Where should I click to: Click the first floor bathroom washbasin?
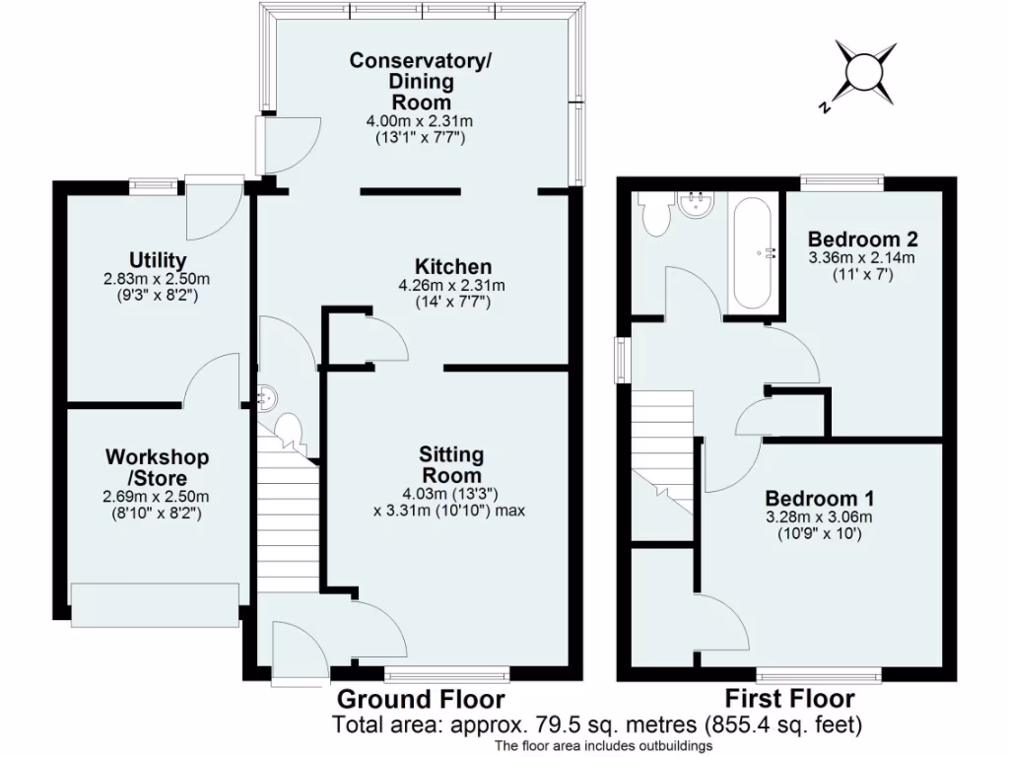(x=700, y=204)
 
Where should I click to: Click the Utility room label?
(x=158, y=260)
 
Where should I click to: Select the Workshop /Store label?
(x=158, y=467)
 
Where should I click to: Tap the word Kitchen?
(x=452, y=266)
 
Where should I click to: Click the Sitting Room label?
(x=451, y=464)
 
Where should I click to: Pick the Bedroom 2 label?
(x=863, y=240)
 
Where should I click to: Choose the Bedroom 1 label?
(x=820, y=498)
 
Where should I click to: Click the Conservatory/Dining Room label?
(x=421, y=81)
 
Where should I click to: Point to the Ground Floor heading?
(x=421, y=699)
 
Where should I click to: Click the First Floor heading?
(x=790, y=699)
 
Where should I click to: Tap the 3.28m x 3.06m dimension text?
(x=820, y=516)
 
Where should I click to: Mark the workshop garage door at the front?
(x=155, y=603)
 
